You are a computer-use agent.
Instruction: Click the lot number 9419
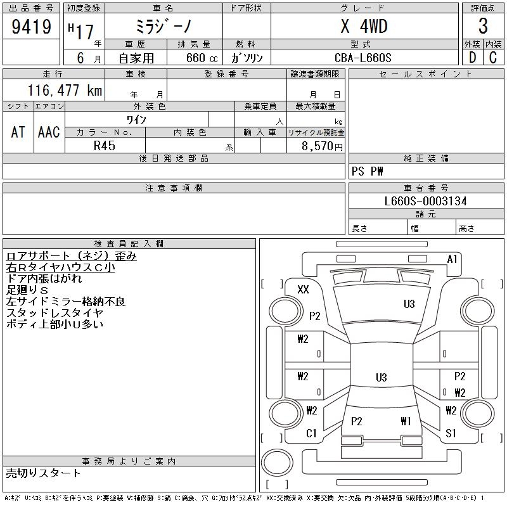(x=31, y=27)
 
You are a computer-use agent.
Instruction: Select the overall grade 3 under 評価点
(x=483, y=26)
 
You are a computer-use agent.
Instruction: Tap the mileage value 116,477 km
(x=65, y=90)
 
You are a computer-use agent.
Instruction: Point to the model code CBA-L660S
(x=363, y=58)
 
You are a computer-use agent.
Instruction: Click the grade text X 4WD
(x=364, y=26)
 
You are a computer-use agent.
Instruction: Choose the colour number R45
(x=105, y=146)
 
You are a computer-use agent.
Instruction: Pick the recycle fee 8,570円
(x=322, y=146)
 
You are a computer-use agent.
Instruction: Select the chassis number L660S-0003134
(x=425, y=201)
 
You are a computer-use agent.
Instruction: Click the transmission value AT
(x=18, y=132)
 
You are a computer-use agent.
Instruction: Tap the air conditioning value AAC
(x=49, y=132)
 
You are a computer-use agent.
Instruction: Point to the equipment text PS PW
(x=368, y=171)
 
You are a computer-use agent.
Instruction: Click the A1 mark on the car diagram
(x=452, y=259)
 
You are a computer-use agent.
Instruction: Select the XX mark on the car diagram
(x=303, y=289)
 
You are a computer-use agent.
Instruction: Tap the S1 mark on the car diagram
(x=451, y=433)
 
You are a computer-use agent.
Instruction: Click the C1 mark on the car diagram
(x=311, y=433)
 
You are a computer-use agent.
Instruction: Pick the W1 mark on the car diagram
(x=406, y=421)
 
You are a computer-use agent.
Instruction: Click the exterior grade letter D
(x=472, y=58)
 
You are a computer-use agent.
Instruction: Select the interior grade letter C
(x=493, y=58)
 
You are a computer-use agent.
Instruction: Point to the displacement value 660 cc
(x=202, y=58)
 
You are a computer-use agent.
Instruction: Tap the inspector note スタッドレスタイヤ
(x=55, y=312)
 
